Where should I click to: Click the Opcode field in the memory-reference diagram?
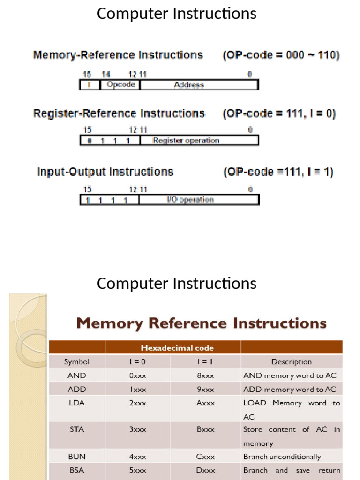[120, 85]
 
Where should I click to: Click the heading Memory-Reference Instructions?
[118, 55]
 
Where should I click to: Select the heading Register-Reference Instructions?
[119, 113]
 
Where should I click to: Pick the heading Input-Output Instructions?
[105, 172]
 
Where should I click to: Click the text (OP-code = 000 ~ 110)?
[280, 55]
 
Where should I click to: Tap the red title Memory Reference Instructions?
[201, 323]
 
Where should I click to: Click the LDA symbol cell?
[76, 403]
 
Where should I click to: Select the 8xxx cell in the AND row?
[205, 375]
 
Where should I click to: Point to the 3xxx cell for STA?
[138, 429]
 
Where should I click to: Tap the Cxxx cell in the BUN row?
[205, 457]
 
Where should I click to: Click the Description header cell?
[291, 361]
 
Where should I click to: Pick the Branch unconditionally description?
[282, 457]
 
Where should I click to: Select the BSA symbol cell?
[76, 470]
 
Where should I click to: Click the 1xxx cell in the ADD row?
[138, 390]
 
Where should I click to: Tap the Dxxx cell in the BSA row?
[205, 470]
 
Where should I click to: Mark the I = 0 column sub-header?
[138, 361]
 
